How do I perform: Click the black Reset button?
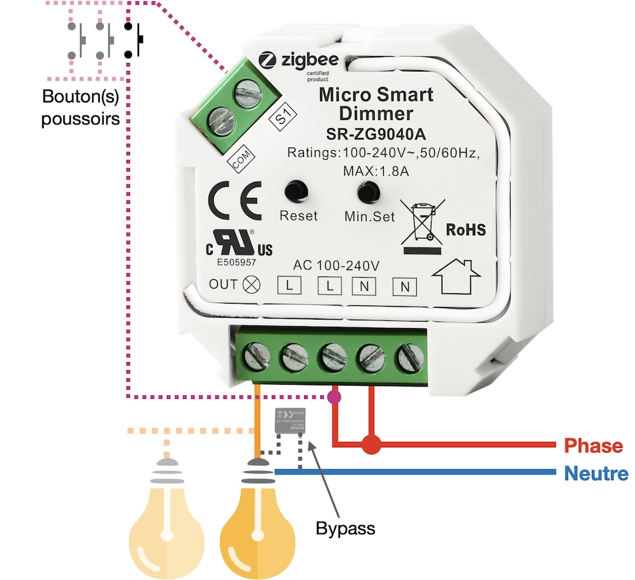coord(296,190)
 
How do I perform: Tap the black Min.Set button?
coord(368,191)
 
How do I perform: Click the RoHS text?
coord(466,230)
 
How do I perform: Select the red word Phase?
coord(593,446)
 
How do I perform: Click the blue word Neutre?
coord(596,474)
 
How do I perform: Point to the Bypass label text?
coord(345,529)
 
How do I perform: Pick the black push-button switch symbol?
coord(134,41)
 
